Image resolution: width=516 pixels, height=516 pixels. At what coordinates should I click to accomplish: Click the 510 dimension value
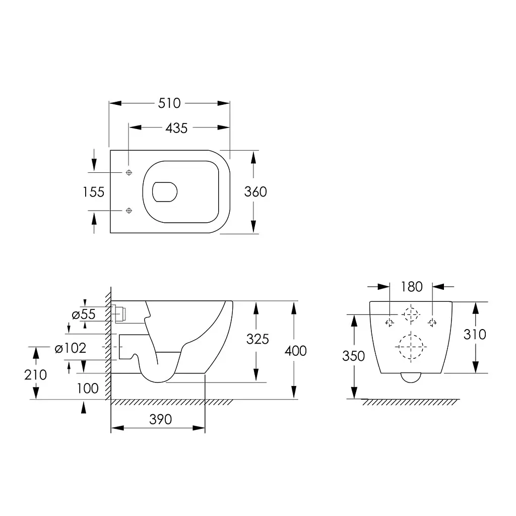[x=169, y=103]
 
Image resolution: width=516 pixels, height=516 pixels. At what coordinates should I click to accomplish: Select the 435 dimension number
[x=176, y=128]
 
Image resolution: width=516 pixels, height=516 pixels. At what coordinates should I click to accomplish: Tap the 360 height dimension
[x=255, y=192]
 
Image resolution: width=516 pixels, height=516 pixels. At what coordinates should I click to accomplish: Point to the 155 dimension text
[x=93, y=192]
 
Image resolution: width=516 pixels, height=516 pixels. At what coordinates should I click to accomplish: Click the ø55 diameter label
[x=84, y=314]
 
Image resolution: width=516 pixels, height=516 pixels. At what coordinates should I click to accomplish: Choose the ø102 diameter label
[x=71, y=348]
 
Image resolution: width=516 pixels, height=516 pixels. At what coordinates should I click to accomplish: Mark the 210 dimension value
[x=36, y=375]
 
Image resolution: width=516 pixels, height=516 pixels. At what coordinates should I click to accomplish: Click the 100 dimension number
[x=88, y=389]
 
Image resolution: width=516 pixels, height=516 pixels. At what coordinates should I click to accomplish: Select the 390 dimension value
[x=161, y=420]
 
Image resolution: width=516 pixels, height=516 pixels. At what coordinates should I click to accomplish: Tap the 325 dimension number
[x=257, y=339]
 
